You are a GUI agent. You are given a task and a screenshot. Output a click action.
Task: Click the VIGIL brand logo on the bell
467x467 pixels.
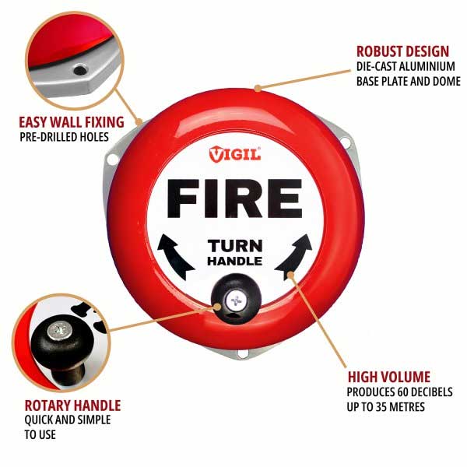(x=235, y=154)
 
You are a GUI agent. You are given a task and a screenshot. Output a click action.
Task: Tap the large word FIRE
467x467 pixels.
(x=235, y=198)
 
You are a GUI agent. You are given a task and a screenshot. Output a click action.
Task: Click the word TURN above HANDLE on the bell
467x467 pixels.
(x=235, y=246)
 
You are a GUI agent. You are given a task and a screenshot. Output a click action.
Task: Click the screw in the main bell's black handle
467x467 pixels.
(x=236, y=300)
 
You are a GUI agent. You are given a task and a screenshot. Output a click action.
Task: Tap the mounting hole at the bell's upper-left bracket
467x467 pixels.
(x=112, y=159)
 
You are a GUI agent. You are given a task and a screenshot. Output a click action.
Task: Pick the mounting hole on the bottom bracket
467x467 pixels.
(x=242, y=354)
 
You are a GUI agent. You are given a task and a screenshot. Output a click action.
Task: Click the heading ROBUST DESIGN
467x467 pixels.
(x=402, y=51)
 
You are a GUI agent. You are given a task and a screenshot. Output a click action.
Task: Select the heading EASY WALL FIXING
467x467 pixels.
(x=72, y=122)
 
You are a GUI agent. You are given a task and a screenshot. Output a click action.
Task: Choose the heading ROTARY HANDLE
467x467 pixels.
(x=72, y=406)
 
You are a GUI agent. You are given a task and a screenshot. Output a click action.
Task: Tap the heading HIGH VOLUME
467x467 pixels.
(x=389, y=377)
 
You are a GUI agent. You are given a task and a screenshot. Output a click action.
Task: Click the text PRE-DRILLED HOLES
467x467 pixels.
(x=64, y=137)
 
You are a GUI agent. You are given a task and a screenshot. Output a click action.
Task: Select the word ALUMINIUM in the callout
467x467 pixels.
(x=427, y=66)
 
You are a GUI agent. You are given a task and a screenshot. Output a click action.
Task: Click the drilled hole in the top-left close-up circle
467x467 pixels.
(x=80, y=70)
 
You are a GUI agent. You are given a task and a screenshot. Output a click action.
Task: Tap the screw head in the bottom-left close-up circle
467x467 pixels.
(x=61, y=332)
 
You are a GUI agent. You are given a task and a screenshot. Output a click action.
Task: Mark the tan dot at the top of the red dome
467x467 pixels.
(x=258, y=88)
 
